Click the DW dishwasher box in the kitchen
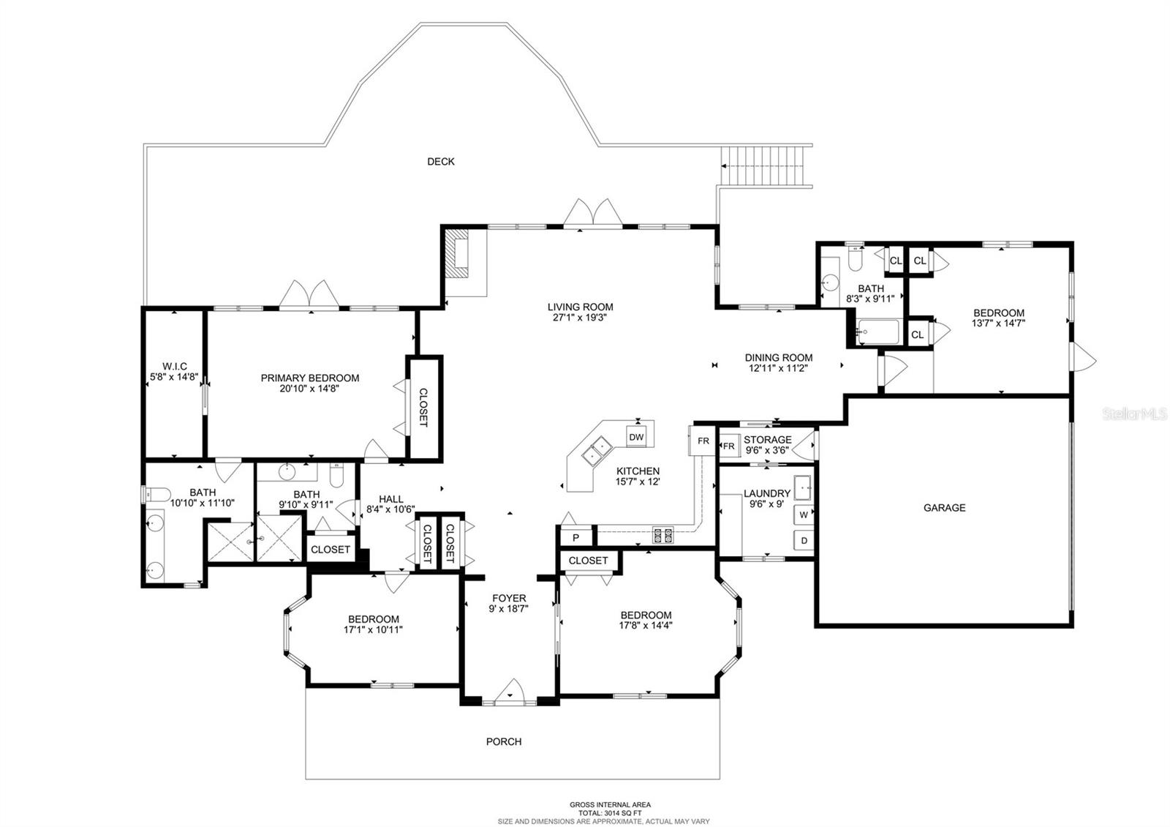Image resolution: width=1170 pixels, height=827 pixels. click(636, 438)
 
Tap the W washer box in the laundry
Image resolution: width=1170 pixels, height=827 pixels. click(804, 515)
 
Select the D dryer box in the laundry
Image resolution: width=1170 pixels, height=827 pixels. click(804, 541)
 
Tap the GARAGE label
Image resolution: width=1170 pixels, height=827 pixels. click(944, 507)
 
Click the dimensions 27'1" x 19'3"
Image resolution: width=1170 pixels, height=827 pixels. click(581, 318)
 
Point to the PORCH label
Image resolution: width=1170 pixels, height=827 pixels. click(504, 741)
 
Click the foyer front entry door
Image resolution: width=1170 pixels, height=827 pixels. click(511, 693)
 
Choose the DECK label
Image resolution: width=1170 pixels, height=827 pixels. click(441, 161)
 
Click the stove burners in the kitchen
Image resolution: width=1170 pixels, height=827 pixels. click(663, 535)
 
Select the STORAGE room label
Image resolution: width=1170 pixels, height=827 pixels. click(767, 440)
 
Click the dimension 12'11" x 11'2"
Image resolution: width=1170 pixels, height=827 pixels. click(778, 369)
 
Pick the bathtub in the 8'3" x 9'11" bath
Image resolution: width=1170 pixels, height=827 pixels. click(878, 332)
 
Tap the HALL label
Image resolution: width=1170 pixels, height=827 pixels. click(391, 499)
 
